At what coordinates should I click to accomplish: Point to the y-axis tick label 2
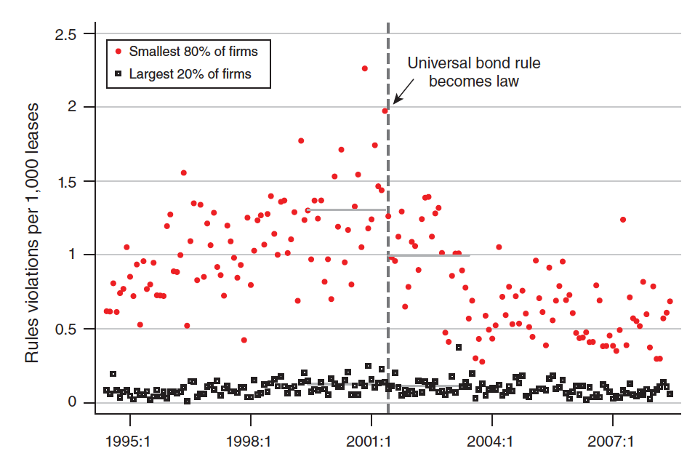tap(71, 108)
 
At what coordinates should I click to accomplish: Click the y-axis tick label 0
tap(71, 402)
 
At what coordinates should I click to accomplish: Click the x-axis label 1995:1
tap(129, 441)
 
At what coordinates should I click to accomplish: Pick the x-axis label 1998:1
tap(250, 441)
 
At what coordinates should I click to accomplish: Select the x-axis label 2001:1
tap(371, 441)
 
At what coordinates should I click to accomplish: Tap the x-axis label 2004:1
tap(492, 441)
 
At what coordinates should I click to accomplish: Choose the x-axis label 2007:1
tap(613, 441)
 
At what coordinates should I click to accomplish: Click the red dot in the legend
tap(118, 51)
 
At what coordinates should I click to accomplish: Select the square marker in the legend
tap(118, 73)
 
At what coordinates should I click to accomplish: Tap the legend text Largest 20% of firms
tap(190, 73)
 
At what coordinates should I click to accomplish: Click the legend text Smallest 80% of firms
tap(193, 51)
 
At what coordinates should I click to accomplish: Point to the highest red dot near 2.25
tap(364, 68)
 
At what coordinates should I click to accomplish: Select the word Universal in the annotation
tap(440, 63)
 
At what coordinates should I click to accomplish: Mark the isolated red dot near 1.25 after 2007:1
tap(623, 220)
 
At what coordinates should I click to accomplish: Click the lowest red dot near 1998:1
tap(244, 340)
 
